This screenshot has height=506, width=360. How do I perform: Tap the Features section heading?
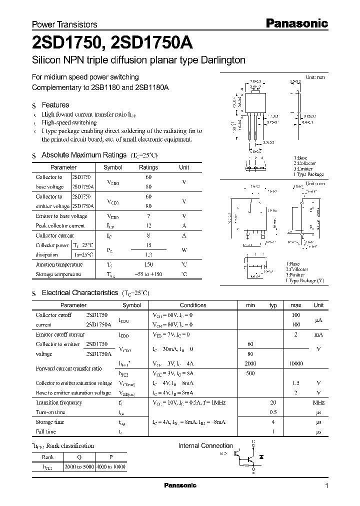55,105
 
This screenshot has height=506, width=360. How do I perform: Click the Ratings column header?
148,167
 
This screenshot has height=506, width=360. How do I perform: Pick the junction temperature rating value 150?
148,264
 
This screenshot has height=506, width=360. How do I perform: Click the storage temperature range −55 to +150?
148,274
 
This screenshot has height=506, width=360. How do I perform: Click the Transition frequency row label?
58,402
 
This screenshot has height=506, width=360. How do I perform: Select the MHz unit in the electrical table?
318,402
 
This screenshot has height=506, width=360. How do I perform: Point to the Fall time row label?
46,431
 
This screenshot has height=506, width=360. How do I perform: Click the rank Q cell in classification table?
79,456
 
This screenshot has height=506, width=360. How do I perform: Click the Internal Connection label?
205,445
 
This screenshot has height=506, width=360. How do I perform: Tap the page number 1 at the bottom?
326,486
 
